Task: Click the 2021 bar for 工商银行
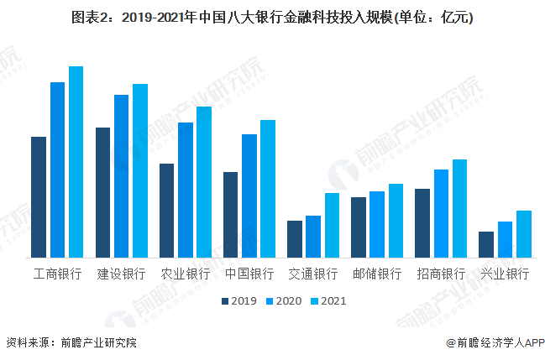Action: pyautogui.click(x=76, y=162)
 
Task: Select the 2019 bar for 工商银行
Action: pyautogui.click(x=39, y=197)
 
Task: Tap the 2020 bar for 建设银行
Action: pyautogui.click(x=122, y=176)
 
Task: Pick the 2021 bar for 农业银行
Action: pyautogui.click(x=204, y=182)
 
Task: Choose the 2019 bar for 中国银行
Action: pyautogui.click(x=230, y=215)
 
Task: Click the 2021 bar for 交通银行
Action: pyautogui.click(x=333, y=225)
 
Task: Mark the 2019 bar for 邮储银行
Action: pyautogui.click(x=359, y=227)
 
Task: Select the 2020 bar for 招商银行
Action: pyautogui.click(x=441, y=213)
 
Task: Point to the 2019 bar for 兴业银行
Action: pyautogui.click(x=486, y=244)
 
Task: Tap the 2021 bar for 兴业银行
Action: pyautogui.click(x=524, y=234)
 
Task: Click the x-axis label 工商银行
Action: pyautogui.click(x=57, y=274)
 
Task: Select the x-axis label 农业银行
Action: pyautogui.click(x=186, y=274)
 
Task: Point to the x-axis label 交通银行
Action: pyautogui.click(x=313, y=274)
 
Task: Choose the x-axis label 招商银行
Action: pyautogui.click(x=441, y=274)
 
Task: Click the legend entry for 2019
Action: pyautogui.click(x=238, y=300)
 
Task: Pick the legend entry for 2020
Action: pyautogui.click(x=284, y=300)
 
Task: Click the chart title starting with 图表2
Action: pyautogui.click(x=272, y=18)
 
